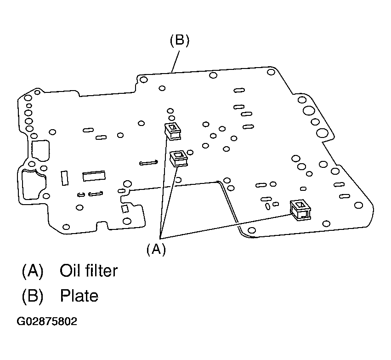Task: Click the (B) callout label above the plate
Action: pos(179,40)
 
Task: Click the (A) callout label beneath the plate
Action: pos(156,249)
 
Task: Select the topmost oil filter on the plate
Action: pos(173,131)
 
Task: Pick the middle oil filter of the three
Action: pos(179,159)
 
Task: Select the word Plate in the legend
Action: pos(79,296)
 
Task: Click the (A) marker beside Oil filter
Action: pos(32,271)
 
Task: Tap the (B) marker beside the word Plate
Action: pos(32,296)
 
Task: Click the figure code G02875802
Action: pos(47,321)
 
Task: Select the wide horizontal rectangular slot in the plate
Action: pos(94,176)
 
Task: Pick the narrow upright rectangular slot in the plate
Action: pos(64,178)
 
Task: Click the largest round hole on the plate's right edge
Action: pos(322,134)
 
